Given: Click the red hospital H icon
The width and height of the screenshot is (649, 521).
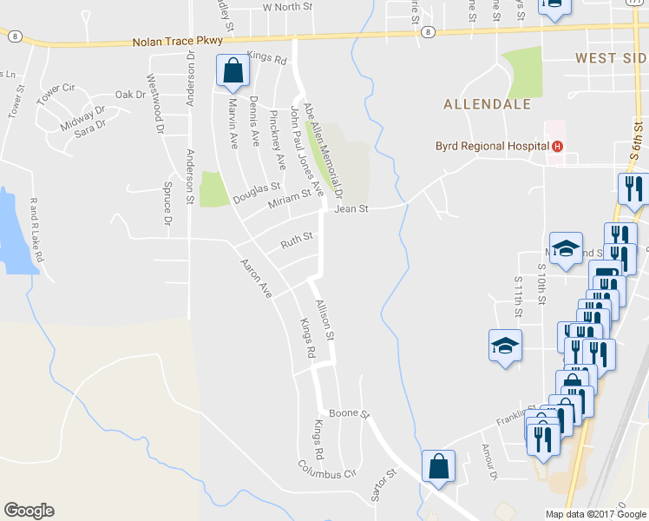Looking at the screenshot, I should pos(557,146).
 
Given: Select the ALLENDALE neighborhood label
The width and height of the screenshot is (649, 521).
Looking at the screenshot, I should pos(487,104).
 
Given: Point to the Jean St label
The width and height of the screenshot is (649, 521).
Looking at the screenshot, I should pos(351,208).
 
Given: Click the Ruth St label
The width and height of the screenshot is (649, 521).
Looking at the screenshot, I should pos(297,238).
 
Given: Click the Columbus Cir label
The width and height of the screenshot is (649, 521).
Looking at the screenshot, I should pos(327,470).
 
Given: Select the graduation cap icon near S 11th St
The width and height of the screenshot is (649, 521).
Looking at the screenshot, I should pos(504,346).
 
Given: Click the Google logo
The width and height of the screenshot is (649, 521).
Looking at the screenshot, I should pos(29,511).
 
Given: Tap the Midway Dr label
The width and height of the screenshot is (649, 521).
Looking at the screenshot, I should pos(82,116).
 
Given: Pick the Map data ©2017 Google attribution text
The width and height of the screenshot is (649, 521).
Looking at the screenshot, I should pos(595,513).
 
